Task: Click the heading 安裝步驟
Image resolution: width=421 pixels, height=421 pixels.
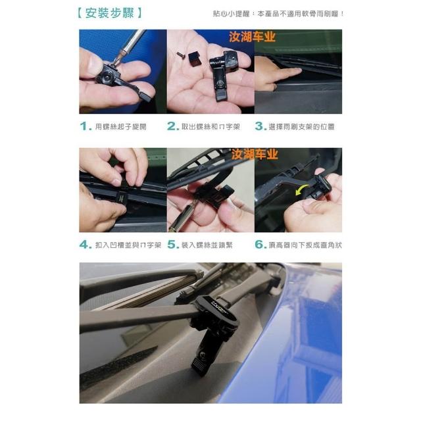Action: [x=110, y=13]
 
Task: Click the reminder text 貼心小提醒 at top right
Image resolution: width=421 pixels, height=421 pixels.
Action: [x=231, y=14]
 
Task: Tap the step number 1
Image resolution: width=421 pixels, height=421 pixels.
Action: [x=86, y=126]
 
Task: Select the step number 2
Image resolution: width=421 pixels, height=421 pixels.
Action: [x=173, y=126]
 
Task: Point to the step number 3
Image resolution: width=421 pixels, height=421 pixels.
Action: [x=260, y=126]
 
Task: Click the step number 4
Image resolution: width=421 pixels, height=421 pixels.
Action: [x=86, y=245]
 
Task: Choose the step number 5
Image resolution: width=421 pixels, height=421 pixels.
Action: [x=173, y=245]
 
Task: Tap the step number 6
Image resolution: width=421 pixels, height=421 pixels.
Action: [x=260, y=245]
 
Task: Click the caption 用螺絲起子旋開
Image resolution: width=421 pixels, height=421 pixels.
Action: [x=121, y=127]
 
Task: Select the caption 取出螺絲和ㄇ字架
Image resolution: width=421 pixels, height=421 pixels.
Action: [x=210, y=127]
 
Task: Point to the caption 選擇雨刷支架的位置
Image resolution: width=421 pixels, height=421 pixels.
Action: [x=301, y=127]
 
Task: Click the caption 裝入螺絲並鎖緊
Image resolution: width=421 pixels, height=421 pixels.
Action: [x=207, y=245]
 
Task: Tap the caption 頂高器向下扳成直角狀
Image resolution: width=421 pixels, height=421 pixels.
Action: [x=305, y=245]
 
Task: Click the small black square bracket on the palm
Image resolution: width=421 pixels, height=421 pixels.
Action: [x=194, y=60]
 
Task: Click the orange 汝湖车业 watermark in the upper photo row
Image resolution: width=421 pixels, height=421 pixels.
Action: [x=253, y=37]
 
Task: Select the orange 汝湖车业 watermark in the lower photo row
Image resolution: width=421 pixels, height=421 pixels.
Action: [x=255, y=155]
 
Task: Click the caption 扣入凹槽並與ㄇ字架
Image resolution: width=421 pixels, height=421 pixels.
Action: [x=128, y=245]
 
